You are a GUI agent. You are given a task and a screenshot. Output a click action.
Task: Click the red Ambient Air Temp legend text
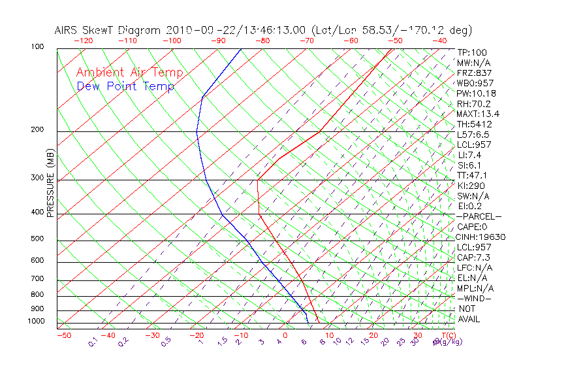(129, 73)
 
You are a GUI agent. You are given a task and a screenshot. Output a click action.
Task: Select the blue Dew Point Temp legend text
(125, 86)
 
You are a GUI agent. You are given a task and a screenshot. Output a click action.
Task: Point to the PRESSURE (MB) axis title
(50, 184)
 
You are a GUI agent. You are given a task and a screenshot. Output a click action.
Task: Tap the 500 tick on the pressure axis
(37, 239)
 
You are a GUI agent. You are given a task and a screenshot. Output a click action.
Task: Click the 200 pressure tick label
(37, 130)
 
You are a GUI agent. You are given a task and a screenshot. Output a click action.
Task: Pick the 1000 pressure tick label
(35, 322)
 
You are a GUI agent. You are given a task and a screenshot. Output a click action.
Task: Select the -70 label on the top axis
(306, 41)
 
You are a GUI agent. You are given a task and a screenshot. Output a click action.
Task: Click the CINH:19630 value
(481, 237)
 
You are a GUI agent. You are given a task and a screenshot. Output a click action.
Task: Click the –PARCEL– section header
(479, 216)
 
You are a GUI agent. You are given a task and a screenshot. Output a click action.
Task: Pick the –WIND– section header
(475, 298)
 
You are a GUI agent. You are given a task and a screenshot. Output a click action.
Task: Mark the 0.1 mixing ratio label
(93, 342)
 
